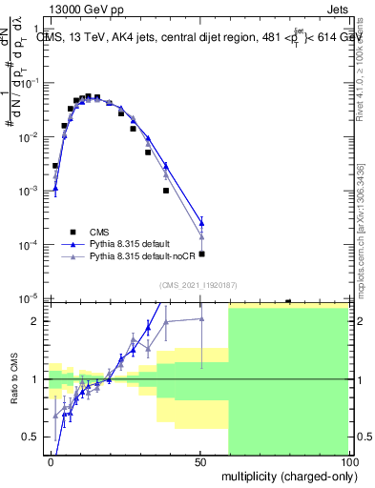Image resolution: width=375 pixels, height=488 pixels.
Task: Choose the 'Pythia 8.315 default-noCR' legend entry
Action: click(141, 258)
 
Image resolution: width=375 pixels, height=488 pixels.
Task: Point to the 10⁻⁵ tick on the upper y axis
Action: click(32, 299)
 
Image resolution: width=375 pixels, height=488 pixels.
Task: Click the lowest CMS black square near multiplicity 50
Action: click(201, 254)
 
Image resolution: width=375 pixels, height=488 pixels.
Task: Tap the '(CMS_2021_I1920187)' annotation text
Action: click(198, 284)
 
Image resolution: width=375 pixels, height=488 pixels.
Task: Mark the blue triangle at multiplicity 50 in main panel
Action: click(201, 224)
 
